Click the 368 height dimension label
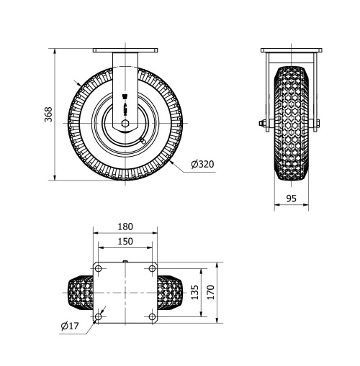[48, 114]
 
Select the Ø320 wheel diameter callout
[202, 164]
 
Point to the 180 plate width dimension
[125, 227]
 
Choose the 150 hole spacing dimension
[125, 241]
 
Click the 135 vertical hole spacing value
[194, 292]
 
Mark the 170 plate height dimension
[210, 292]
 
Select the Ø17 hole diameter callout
[70, 326]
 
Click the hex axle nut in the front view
[125, 123]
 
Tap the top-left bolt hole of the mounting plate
[99, 268]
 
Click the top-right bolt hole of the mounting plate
[151, 268]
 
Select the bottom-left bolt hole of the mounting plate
[99, 316]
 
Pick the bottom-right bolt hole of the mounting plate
[151, 316]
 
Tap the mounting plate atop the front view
[125, 50]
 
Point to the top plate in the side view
[291, 50]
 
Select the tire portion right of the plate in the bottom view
[169, 292]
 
